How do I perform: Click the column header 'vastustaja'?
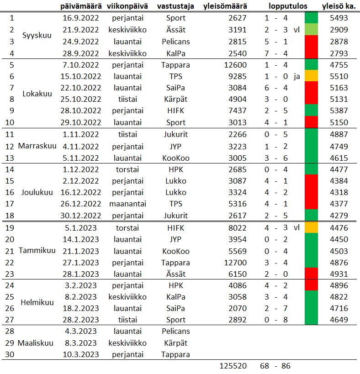pyautogui.click(x=175, y=6)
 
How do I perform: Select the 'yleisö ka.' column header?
pyautogui.click(x=339, y=6)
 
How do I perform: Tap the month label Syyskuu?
pyautogui.click(x=37, y=36)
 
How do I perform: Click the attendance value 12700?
pyautogui.click(x=236, y=263)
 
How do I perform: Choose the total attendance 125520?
pyautogui.click(x=233, y=366)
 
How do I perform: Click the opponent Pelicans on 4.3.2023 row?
pyautogui.click(x=176, y=331)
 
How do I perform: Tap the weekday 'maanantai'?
pyautogui.click(x=127, y=204)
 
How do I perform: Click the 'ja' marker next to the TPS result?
pyautogui.click(x=297, y=77)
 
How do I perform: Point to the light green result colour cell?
pyautogui.click(x=311, y=30)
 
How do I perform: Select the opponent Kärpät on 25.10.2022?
pyautogui.click(x=176, y=100)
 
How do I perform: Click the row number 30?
pyautogui.click(x=10, y=354)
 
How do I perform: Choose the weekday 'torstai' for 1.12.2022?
pyautogui.click(x=127, y=169)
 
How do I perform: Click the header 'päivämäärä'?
pyautogui.click(x=81, y=6)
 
